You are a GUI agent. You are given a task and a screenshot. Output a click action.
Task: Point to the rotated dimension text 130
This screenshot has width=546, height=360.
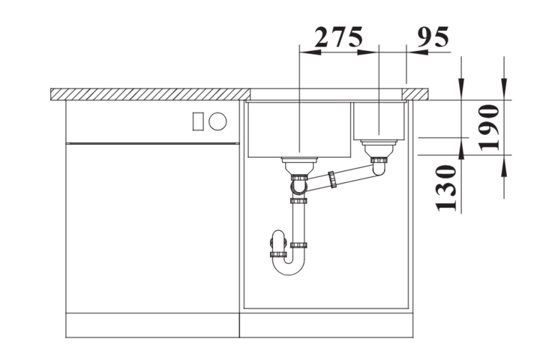(x=447, y=188)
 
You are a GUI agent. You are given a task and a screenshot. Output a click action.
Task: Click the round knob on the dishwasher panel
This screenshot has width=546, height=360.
(x=218, y=120)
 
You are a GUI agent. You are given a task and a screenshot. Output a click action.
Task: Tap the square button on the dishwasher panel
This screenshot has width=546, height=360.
(x=199, y=120)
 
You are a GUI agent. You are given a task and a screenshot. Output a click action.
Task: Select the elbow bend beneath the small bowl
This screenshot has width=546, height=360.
(x=380, y=168)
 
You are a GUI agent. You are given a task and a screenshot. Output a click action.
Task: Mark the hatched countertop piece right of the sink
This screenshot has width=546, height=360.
(x=417, y=93)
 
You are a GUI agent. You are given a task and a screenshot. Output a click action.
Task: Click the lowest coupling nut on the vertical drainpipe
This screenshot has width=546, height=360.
(x=299, y=244)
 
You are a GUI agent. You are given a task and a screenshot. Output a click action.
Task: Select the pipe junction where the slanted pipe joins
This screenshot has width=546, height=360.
(x=299, y=184)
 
